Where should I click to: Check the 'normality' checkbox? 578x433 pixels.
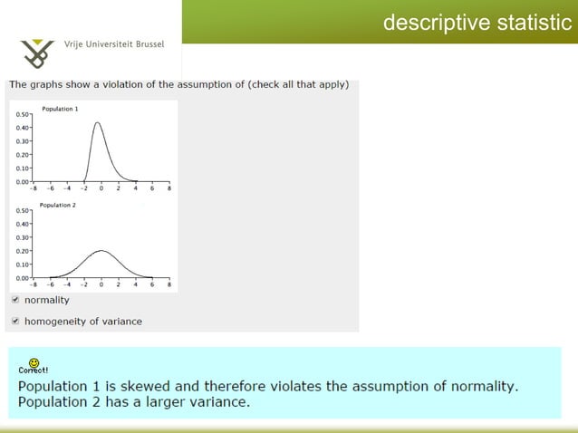14,300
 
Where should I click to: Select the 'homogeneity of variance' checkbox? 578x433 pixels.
14,321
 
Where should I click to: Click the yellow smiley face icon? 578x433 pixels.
34,363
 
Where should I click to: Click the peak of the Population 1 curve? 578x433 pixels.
98,122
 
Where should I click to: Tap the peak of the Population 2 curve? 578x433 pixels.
101,251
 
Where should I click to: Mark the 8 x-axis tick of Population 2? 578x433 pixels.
169,284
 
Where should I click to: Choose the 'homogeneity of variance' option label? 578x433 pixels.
82,321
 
